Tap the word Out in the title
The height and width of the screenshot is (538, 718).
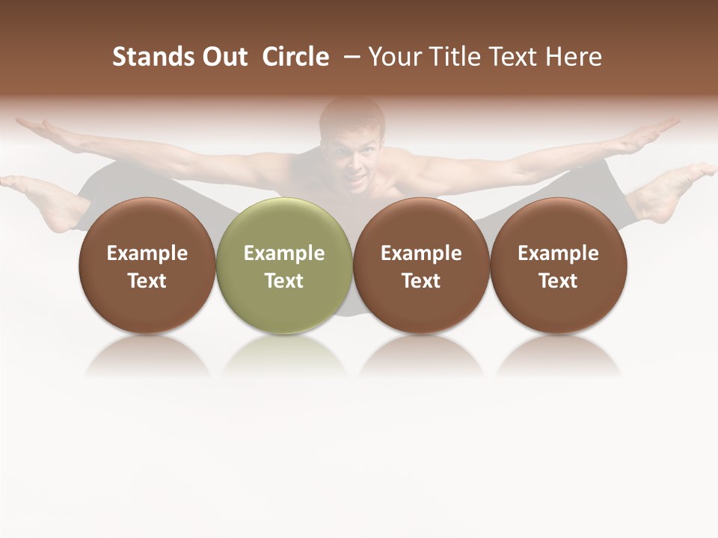[x=224, y=57]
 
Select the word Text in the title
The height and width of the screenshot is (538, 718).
[x=516, y=57]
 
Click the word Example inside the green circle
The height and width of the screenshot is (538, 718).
[x=284, y=253]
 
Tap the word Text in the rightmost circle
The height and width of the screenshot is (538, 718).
[x=559, y=281]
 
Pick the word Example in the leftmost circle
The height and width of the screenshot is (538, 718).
[x=147, y=253]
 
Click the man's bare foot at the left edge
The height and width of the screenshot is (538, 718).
[x=45, y=198]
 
